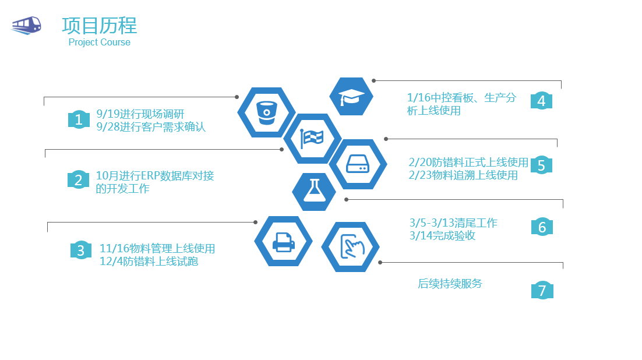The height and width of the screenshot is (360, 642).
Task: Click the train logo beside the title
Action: click(26, 26)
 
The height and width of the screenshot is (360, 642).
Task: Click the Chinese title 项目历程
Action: click(100, 26)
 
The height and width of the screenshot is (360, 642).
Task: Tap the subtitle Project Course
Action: click(100, 42)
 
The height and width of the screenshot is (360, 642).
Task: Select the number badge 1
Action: click(79, 119)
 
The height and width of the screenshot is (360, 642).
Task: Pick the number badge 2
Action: click(78, 180)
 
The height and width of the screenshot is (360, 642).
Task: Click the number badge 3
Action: click(80, 250)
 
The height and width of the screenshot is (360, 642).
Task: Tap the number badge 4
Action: click(541, 101)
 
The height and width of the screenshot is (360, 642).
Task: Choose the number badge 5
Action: click(541, 165)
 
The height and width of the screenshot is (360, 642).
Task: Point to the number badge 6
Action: click(542, 227)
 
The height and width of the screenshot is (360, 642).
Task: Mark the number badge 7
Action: click(542, 290)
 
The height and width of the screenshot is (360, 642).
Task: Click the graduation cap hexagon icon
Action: click(351, 97)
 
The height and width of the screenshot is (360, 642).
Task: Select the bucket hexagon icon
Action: click(267, 112)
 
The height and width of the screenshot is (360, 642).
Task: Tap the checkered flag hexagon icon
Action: click(312, 139)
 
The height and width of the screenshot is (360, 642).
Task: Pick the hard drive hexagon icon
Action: click(358, 164)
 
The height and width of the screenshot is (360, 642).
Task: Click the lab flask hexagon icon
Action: click(314, 192)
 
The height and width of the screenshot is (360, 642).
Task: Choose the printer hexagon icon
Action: click(283, 241)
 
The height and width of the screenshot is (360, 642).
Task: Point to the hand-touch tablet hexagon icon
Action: click(351, 247)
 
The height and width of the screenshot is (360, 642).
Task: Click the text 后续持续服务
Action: click(450, 284)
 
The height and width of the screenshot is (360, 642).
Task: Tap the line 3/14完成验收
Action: click(442, 235)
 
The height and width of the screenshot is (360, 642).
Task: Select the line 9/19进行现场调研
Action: click(140, 114)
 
